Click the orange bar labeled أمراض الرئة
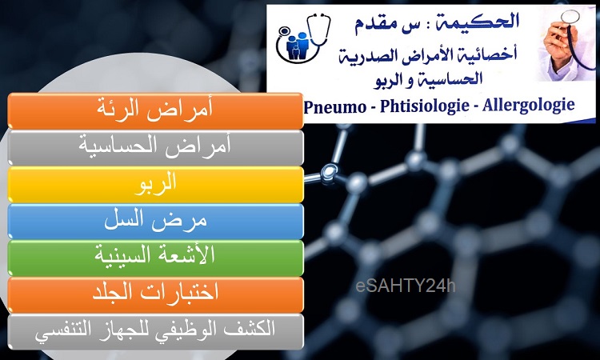point(155,110)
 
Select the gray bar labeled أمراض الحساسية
point(155,148)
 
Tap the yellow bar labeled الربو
point(155,184)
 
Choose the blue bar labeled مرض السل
point(155,221)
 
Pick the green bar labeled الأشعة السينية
point(155,258)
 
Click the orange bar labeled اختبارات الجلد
point(155,295)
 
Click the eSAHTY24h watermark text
point(406,286)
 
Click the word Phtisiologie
point(424,106)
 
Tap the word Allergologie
point(529,106)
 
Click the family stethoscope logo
point(303,38)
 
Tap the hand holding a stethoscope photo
point(566,43)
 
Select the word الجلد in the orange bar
point(113,293)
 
